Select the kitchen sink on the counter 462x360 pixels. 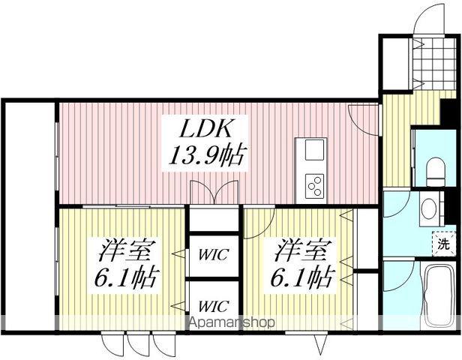point(313,149)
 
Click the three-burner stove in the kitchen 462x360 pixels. point(314,183)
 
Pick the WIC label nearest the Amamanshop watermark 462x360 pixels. point(213,306)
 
